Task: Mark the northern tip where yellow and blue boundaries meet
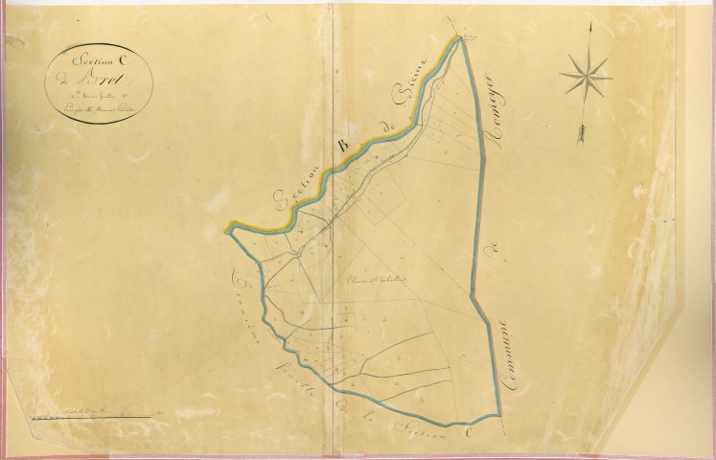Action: click(x=462, y=37)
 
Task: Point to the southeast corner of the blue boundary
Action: click(x=501, y=415)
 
